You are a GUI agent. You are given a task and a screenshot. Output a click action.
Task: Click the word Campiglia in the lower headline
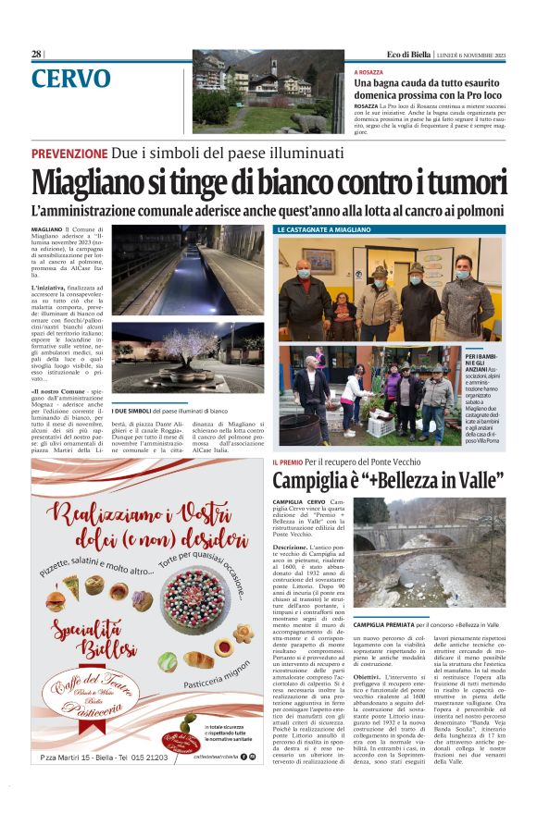314,481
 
